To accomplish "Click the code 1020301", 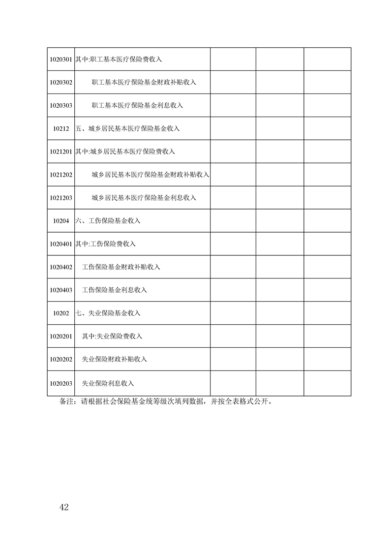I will coord(61,60).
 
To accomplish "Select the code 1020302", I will coord(61,83).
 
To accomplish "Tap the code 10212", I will coord(61,128).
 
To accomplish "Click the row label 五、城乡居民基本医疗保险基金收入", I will coord(128,128).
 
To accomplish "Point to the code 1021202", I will coord(61,175).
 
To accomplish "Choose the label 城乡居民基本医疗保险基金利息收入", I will coord(144,198).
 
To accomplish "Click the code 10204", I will coord(61,221).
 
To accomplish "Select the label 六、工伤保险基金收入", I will coord(108,221).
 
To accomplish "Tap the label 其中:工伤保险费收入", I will coord(105,244).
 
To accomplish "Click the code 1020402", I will coord(61,267).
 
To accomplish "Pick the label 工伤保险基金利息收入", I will coord(115,290).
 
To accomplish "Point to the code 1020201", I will coord(61,337).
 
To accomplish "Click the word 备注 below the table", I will coord(66,401).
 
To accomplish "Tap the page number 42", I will coord(63,507).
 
